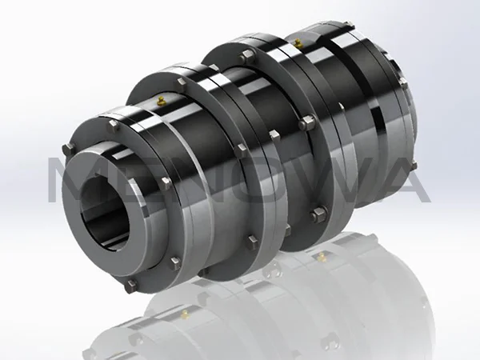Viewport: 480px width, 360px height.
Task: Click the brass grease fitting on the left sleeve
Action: pos(162,100)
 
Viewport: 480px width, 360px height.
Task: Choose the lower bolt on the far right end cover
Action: pos(414,166)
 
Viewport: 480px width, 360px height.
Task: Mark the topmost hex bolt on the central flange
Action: pos(247,54)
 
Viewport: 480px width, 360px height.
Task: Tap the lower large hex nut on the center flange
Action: pos(318,214)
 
